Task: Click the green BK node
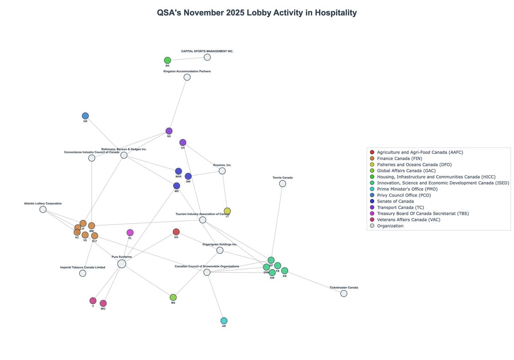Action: [167, 60]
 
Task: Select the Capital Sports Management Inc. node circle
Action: [207, 57]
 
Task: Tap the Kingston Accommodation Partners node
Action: [187, 77]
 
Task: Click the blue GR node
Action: [85, 116]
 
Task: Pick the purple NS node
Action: [169, 131]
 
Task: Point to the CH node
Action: [183, 142]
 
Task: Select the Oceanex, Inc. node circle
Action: [222, 171]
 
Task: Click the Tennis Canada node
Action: [283, 183]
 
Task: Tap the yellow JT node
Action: [227, 211]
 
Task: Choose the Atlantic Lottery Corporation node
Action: [43, 209]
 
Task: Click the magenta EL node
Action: [130, 233]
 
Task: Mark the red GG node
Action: [176, 232]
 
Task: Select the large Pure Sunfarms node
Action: [122, 264]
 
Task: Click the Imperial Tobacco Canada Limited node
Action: [83, 273]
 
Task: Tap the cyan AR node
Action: [224, 321]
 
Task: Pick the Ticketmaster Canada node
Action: [344, 294]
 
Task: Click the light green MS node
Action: [173, 297]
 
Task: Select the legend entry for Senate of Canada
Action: [395, 201]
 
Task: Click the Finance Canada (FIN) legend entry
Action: [399, 159]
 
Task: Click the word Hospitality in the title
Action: [335, 13]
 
